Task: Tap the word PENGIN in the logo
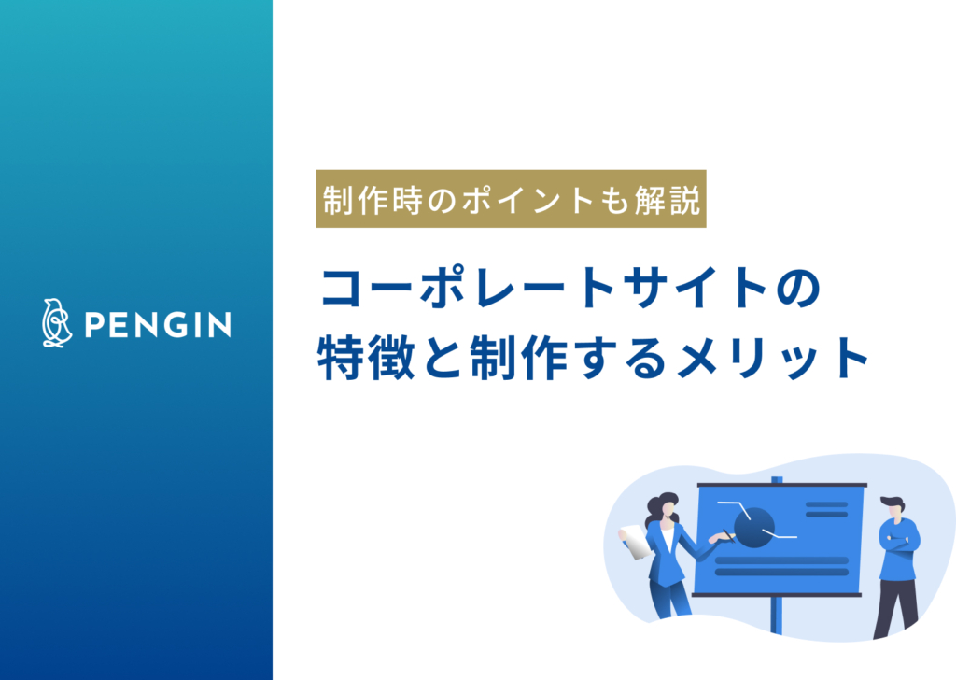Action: click(157, 325)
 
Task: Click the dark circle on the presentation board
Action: click(753, 527)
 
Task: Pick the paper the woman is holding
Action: click(636, 541)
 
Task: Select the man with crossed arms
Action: click(898, 560)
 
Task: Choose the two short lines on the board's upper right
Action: click(826, 509)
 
